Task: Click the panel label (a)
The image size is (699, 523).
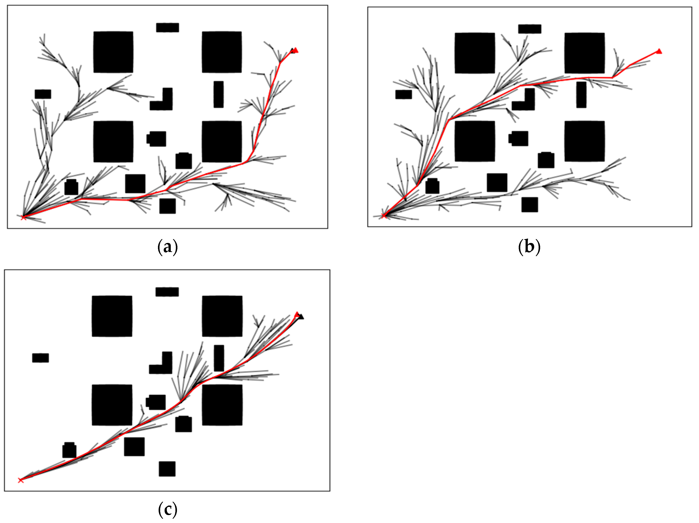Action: pyautogui.click(x=167, y=247)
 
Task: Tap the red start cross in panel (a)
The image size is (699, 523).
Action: pyautogui.click(x=23, y=217)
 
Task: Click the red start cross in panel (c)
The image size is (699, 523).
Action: pyautogui.click(x=21, y=480)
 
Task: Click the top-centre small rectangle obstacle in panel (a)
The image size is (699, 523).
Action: pyautogui.click(x=167, y=27)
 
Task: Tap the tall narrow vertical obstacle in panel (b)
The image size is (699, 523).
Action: pyautogui.click(x=581, y=95)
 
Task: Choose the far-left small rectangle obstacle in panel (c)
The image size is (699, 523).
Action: pyautogui.click(x=40, y=358)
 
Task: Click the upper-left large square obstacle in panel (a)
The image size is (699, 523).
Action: pyautogui.click(x=113, y=52)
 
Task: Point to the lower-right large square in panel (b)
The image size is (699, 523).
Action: pyautogui.click(x=585, y=141)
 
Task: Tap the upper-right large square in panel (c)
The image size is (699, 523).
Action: pyautogui.click(x=222, y=316)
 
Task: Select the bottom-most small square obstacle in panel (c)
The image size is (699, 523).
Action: pyautogui.click(x=167, y=469)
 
